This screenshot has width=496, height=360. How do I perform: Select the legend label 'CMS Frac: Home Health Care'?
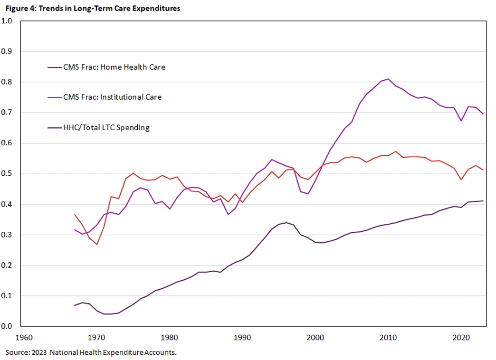click(114, 67)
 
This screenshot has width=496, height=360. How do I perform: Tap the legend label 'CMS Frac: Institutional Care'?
click(112, 97)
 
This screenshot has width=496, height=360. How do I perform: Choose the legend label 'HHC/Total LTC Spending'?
click(106, 127)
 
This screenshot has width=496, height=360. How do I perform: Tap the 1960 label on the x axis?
click(24, 338)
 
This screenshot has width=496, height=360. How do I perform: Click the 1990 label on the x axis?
click(242, 338)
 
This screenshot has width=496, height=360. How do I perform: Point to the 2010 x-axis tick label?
click(387, 338)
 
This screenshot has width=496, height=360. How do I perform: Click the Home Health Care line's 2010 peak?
click(388, 79)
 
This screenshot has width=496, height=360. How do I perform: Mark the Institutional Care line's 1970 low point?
click(97, 244)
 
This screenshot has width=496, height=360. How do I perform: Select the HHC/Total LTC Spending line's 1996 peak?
click(286, 222)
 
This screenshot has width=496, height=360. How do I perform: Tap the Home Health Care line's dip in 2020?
click(460, 121)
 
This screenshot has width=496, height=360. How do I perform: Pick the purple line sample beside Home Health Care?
click(54, 67)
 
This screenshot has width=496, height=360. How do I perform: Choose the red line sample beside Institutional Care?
click(54, 97)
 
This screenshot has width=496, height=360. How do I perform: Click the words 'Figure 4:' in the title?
click(20, 9)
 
